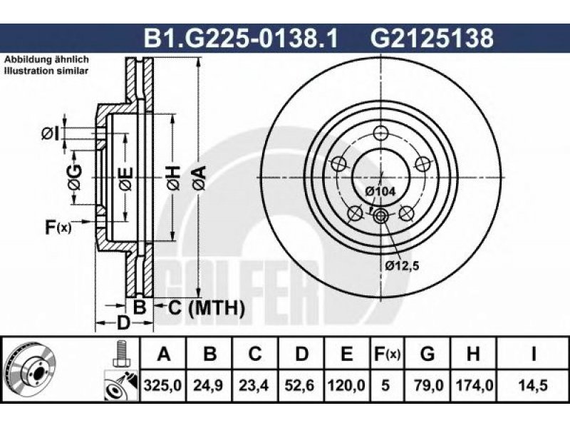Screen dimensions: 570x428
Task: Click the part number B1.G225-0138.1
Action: tap(241, 39)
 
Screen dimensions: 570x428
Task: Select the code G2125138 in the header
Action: tap(432, 39)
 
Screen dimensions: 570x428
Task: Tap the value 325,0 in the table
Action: tap(162, 385)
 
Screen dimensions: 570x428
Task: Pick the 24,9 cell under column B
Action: tap(209, 385)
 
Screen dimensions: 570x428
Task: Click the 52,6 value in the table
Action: tap(299, 385)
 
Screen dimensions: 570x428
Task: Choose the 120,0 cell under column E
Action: tap(346, 385)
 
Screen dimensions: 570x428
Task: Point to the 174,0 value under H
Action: tap(474, 385)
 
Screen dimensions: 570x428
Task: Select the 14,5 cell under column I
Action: tap(533, 385)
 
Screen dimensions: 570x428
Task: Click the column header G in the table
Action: tap(427, 353)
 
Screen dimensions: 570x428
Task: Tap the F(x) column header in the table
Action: tap(387, 354)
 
